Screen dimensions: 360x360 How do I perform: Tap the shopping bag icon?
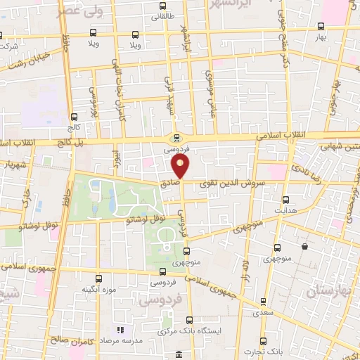click(x=304, y=246)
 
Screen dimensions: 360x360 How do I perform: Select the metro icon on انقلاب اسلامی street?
click(x=176, y=139)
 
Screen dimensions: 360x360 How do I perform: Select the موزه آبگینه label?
click(x=98, y=289)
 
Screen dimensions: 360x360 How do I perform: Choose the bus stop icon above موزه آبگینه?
click(x=98, y=278)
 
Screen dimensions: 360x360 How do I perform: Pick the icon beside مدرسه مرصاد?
click(x=120, y=330)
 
